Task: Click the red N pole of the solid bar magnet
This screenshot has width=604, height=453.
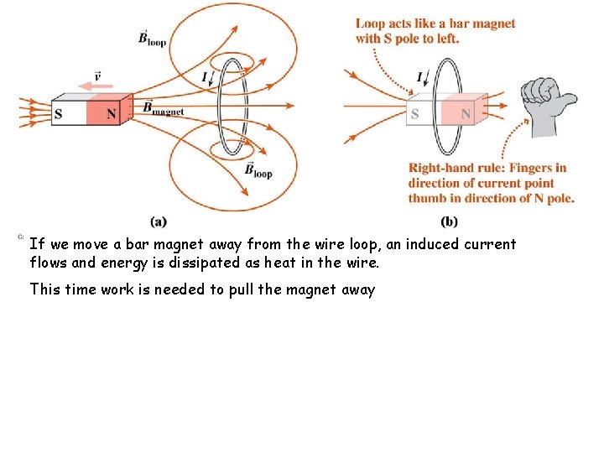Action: (x=106, y=114)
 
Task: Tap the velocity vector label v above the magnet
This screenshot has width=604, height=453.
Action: (x=98, y=76)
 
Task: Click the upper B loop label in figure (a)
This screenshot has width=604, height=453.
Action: (x=153, y=38)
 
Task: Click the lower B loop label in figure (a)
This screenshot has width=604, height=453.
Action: (x=258, y=170)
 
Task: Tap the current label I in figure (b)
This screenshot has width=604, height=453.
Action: (x=419, y=77)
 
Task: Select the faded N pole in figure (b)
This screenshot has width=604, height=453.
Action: (x=463, y=114)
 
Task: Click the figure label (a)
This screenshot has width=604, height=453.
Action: (x=159, y=221)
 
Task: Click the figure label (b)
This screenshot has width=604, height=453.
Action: (x=449, y=221)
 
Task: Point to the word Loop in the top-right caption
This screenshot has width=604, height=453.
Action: (x=371, y=23)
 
